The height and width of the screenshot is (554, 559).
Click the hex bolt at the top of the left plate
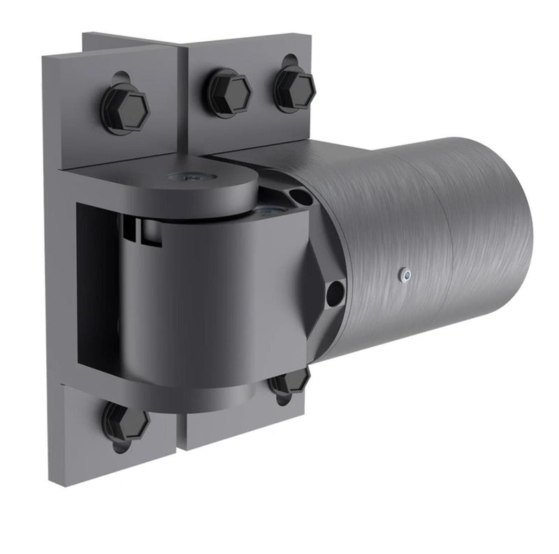[126, 108]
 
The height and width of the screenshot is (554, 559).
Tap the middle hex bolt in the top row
[228, 91]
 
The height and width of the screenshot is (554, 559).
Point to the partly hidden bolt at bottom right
[291, 382]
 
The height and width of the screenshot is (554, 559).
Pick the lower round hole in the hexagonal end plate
[335, 289]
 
